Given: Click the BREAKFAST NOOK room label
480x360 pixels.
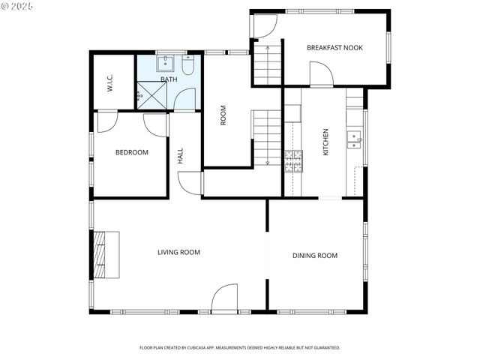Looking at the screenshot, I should coord(334,47).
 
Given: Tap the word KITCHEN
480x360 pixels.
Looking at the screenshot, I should coord(325,142).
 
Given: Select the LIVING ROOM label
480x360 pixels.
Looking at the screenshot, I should coord(178,252).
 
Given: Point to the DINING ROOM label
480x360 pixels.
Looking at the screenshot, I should coord(314,256).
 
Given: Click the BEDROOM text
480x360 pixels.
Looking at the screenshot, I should coord(131,152).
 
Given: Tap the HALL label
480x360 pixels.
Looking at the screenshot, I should coord(180,156).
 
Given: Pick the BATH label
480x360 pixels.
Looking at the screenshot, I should coord(169,79).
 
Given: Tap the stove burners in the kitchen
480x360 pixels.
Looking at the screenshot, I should coord(292,160).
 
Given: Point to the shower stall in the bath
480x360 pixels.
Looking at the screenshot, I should coord(151,96).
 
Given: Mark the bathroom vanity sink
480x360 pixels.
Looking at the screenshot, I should coord(166,63).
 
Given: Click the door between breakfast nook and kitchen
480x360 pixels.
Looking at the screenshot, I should coord(320,76).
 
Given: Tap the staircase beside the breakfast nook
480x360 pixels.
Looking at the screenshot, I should coord(265,65).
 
